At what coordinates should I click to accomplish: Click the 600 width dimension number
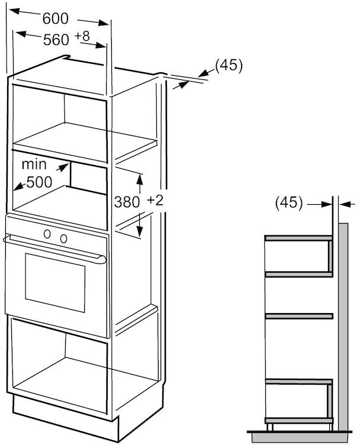coord(56,19)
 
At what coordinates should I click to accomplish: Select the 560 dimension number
coord(56,40)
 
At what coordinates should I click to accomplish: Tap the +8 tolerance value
coord(82,36)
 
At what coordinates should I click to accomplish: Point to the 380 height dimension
coord(127,202)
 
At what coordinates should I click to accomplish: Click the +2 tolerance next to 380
coord(155,201)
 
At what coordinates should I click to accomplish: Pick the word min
coord(34,165)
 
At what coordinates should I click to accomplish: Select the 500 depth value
coord(40,182)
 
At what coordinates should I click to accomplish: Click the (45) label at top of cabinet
coord(229,66)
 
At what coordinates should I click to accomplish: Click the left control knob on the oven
coord(47,234)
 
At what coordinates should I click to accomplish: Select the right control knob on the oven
coord(63,238)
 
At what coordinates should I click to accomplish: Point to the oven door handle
coord(54,249)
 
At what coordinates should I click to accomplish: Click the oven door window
coord(55,283)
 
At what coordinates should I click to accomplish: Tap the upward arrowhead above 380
coord(139,180)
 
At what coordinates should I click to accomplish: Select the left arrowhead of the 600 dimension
coord(15,11)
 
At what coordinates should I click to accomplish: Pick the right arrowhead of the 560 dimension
coord(101,46)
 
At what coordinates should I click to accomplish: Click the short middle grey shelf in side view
coord(298,316)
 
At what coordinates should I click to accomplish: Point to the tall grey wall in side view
coord(343,327)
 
